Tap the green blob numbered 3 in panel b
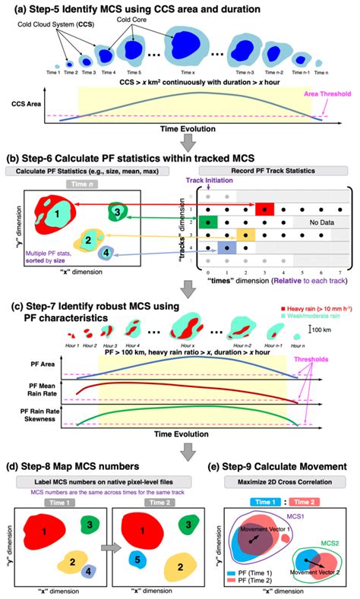(x=118, y=212)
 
